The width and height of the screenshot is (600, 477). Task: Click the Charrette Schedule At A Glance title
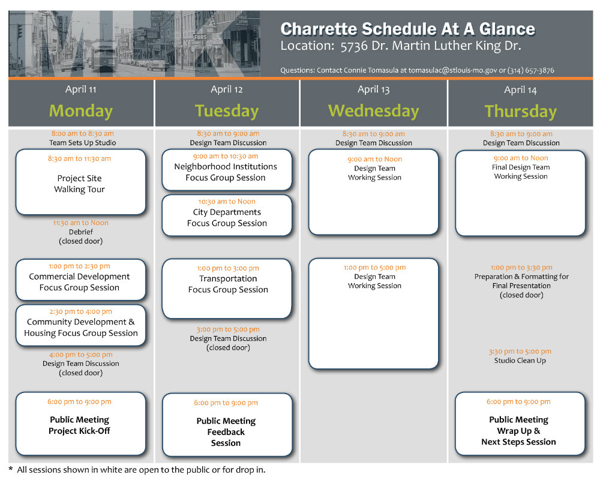(x=407, y=29)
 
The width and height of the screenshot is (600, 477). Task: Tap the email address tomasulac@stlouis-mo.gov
(x=452, y=70)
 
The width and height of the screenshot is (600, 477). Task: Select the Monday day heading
(x=81, y=111)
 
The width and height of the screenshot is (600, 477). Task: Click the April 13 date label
(x=373, y=89)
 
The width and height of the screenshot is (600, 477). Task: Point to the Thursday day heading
(x=520, y=112)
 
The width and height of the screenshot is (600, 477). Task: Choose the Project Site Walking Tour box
(x=81, y=182)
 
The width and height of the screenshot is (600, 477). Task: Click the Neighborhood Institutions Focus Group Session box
(x=227, y=169)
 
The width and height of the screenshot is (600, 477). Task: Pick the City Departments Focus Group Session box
(x=227, y=215)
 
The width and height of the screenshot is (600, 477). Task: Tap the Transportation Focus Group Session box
(x=227, y=289)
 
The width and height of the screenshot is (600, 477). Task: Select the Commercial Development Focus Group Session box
(x=81, y=280)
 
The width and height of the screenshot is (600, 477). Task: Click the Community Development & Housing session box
(x=81, y=325)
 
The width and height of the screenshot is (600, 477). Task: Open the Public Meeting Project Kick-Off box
(x=81, y=424)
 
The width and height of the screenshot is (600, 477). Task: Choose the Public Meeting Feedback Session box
(x=227, y=425)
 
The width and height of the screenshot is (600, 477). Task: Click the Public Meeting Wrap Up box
(x=520, y=424)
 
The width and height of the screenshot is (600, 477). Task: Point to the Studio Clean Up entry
(x=520, y=361)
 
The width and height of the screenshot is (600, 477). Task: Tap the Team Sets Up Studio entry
(x=83, y=143)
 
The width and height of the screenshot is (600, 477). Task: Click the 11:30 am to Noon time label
(x=81, y=223)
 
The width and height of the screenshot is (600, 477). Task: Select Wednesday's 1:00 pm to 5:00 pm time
(x=374, y=268)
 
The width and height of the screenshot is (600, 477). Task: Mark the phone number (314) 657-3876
(x=531, y=70)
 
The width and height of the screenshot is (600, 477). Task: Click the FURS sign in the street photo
(x=200, y=37)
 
